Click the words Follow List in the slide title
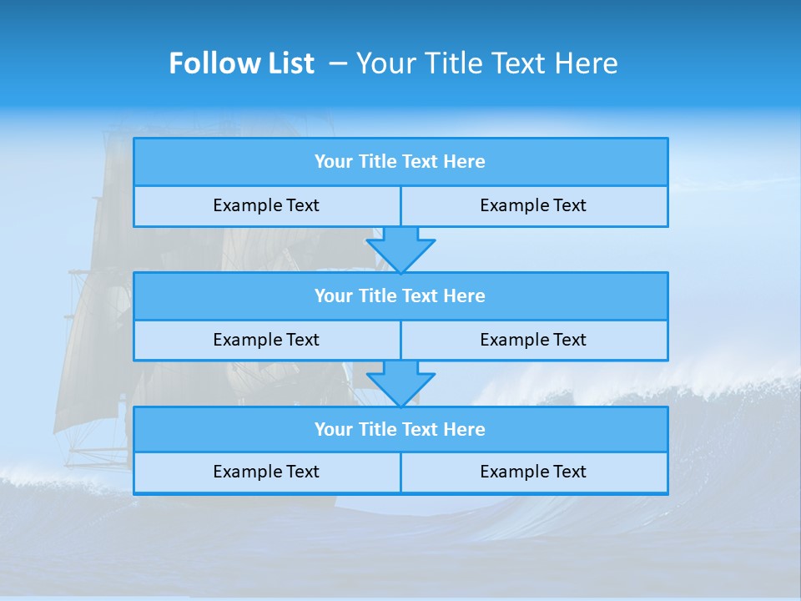tap(241, 63)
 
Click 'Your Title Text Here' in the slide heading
tap(486, 63)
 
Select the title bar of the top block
tap(400, 162)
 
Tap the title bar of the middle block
tap(400, 296)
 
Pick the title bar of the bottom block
tap(400, 430)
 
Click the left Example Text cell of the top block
tap(266, 206)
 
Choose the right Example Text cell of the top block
tap(533, 206)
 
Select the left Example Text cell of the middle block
tap(266, 340)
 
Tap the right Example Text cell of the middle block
tap(533, 340)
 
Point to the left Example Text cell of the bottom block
tap(266, 472)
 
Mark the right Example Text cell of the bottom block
tap(533, 472)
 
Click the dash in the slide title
tap(338, 63)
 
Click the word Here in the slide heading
tap(589, 63)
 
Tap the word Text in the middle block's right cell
tap(569, 340)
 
